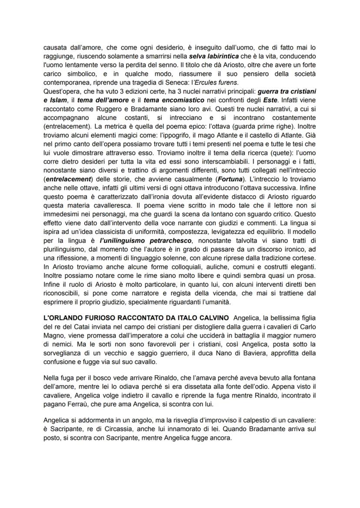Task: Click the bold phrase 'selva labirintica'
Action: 217,57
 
